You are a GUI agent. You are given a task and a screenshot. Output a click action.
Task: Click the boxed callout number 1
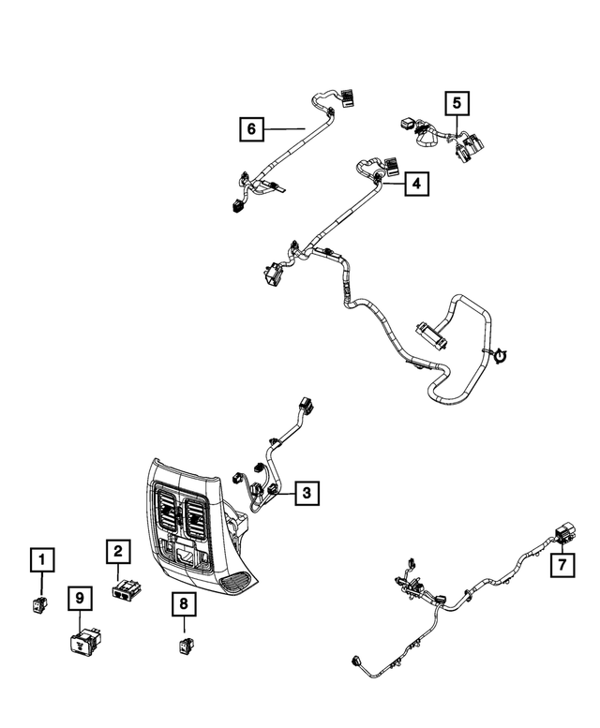[40, 561]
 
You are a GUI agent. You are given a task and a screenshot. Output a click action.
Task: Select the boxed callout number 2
[117, 553]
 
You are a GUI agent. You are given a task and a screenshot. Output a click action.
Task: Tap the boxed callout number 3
[307, 491]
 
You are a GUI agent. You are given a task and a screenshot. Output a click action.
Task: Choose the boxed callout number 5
[457, 102]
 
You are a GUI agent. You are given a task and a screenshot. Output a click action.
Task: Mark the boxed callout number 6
[251, 126]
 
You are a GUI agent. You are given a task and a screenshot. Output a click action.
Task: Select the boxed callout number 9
[80, 597]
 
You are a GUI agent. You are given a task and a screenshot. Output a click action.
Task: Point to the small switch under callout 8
[186, 644]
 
